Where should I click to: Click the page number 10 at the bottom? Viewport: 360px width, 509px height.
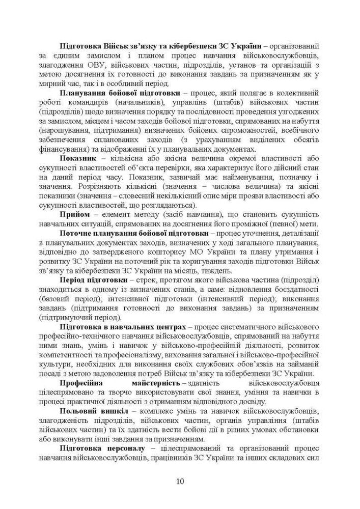[180, 481]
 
